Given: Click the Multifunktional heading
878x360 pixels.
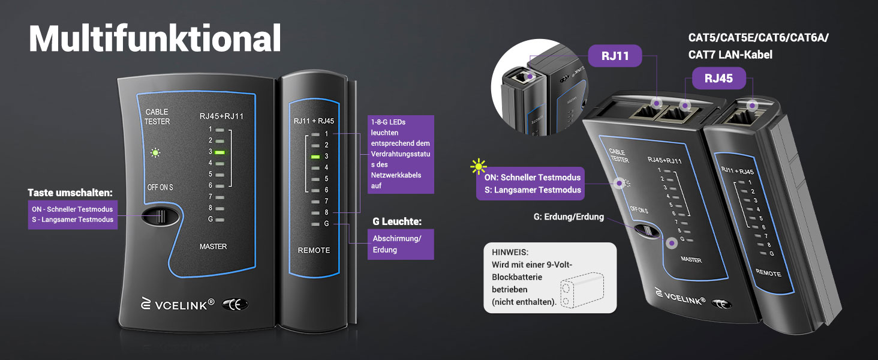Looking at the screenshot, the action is pyautogui.click(x=155, y=38).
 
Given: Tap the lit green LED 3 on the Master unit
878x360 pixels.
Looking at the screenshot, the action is pyautogui.click(x=220, y=152).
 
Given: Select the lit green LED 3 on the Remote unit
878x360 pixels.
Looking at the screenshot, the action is pyautogui.click(x=315, y=157).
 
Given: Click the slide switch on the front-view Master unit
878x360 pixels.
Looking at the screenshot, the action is pyautogui.click(x=160, y=217).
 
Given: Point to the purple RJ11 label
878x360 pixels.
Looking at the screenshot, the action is pyautogui.click(x=615, y=56).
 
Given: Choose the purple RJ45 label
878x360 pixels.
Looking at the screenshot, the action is pyautogui.click(x=718, y=78).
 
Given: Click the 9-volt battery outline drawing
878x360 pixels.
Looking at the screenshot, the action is pyautogui.click(x=582, y=290).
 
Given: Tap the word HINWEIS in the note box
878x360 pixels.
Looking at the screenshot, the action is pyautogui.click(x=510, y=252).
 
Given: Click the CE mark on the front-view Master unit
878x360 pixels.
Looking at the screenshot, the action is pyautogui.click(x=234, y=304).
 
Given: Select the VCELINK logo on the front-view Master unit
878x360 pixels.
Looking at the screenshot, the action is pyautogui.click(x=178, y=304).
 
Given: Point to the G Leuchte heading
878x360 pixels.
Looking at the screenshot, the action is pyautogui.click(x=396, y=221).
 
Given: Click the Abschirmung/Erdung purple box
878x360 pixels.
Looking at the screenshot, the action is pyautogui.click(x=401, y=244).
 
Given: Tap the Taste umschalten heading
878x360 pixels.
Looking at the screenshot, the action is pyautogui.click(x=70, y=193).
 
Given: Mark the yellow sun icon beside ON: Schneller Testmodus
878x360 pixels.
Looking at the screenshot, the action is pyautogui.click(x=478, y=167).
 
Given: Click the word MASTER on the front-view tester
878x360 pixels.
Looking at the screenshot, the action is pyautogui.click(x=214, y=246).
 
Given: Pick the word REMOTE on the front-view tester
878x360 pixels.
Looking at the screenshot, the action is pyautogui.click(x=314, y=250).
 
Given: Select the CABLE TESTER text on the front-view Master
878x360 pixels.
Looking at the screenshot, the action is pyautogui.click(x=157, y=116).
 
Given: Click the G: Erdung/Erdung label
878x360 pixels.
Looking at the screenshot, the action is pyautogui.click(x=569, y=217).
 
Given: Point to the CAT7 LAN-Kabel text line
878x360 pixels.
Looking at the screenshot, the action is pyautogui.click(x=730, y=55).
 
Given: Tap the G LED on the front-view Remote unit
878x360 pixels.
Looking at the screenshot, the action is pyautogui.click(x=315, y=224).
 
